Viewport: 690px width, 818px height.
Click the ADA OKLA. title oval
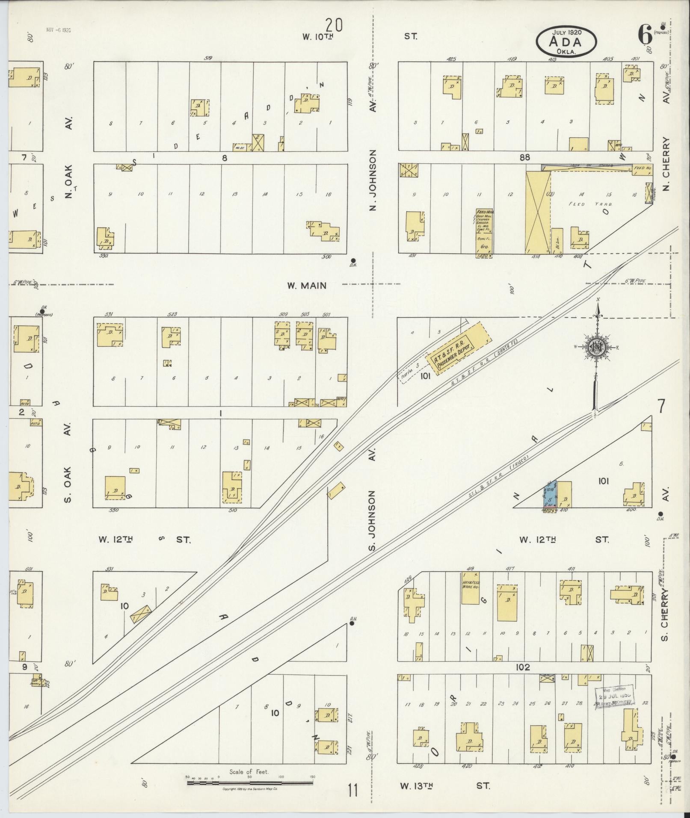coord(566,41)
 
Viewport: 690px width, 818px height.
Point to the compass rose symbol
coord(595,347)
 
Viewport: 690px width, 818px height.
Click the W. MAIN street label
coord(307,286)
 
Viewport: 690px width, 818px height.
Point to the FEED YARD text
coord(585,204)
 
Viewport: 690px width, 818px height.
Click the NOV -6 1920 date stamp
coord(58,30)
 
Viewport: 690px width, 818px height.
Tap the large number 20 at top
coord(334,25)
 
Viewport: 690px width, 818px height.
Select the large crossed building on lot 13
coord(537,212)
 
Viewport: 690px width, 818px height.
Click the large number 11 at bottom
coord(352,790)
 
